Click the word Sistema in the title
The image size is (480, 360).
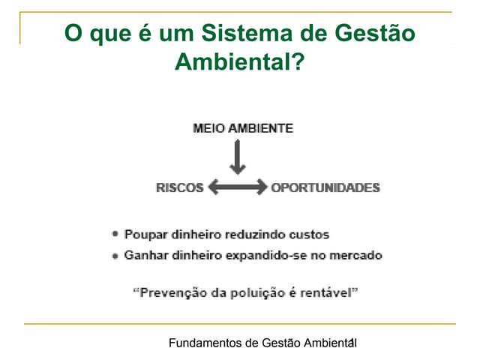(x=247, y=33)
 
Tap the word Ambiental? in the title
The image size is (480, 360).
(x=240, y=61)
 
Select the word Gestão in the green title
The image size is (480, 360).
(x=375, y=32)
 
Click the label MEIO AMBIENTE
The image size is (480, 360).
(x=243, y=128)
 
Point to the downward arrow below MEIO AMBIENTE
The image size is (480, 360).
(x=238, y=157)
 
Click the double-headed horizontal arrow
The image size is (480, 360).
(x=238, y=187)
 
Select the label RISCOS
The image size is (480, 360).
(x=180, y=187)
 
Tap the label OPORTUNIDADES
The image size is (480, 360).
(x=325, y=187)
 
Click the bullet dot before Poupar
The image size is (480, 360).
(x=115, y=234)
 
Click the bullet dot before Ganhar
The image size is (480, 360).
(x=115, y=256)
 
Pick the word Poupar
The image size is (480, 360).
(x=146, y=235)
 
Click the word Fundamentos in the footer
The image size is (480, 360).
(x=205, y=343)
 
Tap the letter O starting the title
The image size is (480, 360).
(x=73, y=32)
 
